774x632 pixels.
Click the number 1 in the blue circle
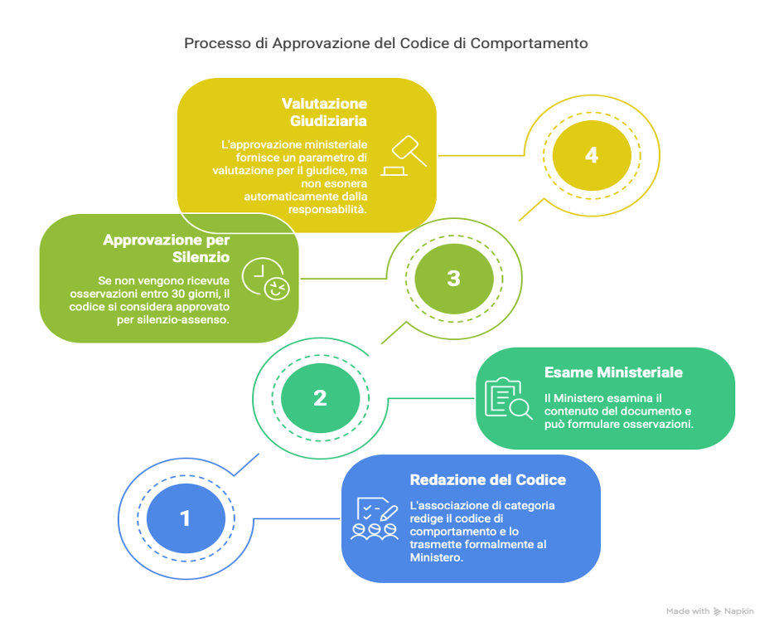click(x=185, y=518)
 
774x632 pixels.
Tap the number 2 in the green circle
click(x=320, y=398)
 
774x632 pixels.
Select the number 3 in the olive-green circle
click(x=453, y=278)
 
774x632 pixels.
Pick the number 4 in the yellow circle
click(x=592, y=155)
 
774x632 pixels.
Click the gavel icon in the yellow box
click(x=404, y=156)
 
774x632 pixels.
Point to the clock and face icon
click(x=265, y=279)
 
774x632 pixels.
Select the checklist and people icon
click(x=375, y=518)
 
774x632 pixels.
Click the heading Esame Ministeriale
click(x=613, y=372)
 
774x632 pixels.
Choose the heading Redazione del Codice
click(x=488, y=480)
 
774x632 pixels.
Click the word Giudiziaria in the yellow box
click(x=328, y=121)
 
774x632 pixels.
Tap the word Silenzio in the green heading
click(x=201, y=257)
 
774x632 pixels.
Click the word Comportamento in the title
click(x=529, y=43)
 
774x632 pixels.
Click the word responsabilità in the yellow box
click(x=327, y=210)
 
